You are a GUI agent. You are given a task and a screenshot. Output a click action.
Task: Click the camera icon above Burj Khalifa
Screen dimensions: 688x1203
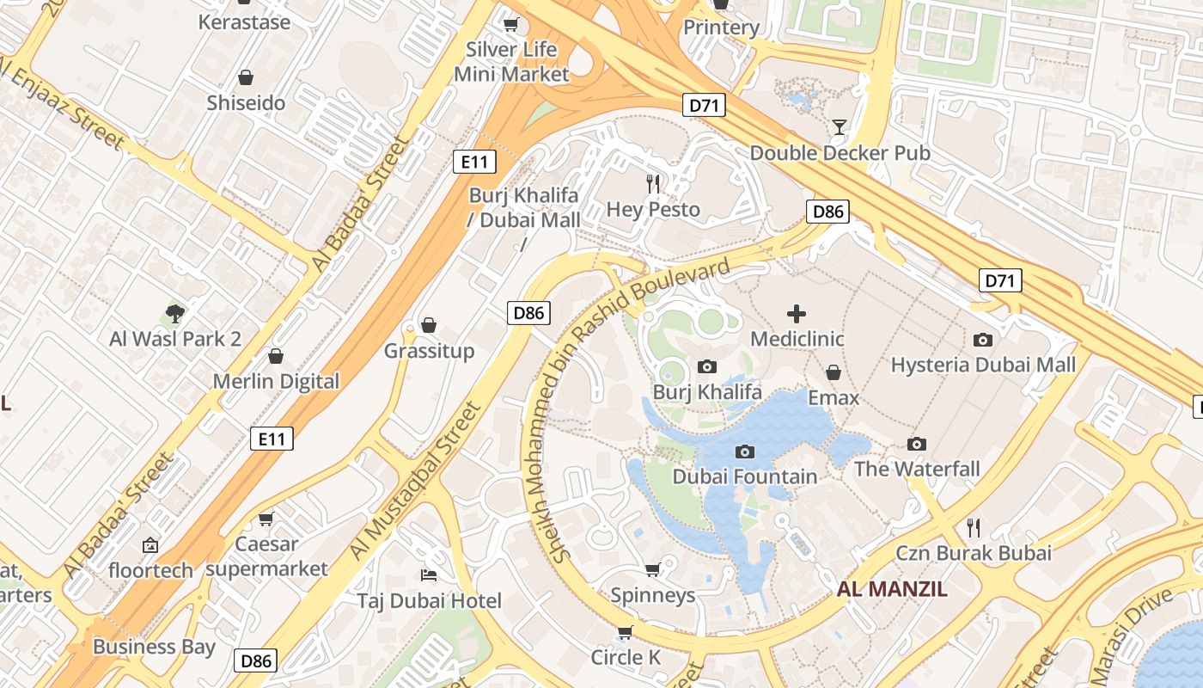(x=707, y=367)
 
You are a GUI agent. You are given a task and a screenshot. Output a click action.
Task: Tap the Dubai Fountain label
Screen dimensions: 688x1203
(x=744, y=476)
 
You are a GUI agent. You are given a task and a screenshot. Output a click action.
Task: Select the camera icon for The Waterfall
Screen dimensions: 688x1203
(x=917, y=445)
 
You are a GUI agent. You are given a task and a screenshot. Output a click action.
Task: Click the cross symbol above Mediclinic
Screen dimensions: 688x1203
(x=797, y=314)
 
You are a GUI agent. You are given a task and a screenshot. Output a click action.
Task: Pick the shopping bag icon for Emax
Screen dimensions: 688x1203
(x=833, y=372)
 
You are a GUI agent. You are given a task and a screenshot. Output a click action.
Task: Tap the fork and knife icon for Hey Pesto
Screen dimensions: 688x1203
(x=653, y=183)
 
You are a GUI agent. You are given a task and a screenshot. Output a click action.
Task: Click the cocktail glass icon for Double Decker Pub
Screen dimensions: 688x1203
(x=840, y=128)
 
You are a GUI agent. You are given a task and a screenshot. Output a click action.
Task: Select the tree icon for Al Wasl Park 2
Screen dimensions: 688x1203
(x=175, y=313)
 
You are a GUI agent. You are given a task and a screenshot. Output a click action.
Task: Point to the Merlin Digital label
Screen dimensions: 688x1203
(x=276, y=381)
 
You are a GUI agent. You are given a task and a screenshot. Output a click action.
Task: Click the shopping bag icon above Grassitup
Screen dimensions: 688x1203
(x=428, y=325)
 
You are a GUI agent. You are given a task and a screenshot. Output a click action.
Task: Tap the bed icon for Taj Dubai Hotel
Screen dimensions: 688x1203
(x=429, y=574)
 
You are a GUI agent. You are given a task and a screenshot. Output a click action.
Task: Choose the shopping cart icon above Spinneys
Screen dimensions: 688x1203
(x=652, y=569)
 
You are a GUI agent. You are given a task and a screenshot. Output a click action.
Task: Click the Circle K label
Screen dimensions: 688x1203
(x=626, y=658)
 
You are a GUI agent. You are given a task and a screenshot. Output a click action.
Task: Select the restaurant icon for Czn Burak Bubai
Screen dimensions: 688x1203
(x=974, y=526)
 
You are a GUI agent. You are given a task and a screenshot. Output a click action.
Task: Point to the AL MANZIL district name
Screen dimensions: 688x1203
(x=892, y=589)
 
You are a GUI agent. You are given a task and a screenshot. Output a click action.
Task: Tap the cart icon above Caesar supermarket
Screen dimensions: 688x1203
(x=266, y=519)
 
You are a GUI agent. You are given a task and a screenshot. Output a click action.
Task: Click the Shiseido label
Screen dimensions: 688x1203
(x=246, y=103)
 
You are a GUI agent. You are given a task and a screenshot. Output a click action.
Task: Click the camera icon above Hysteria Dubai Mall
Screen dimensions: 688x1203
(x=983, y=340)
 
